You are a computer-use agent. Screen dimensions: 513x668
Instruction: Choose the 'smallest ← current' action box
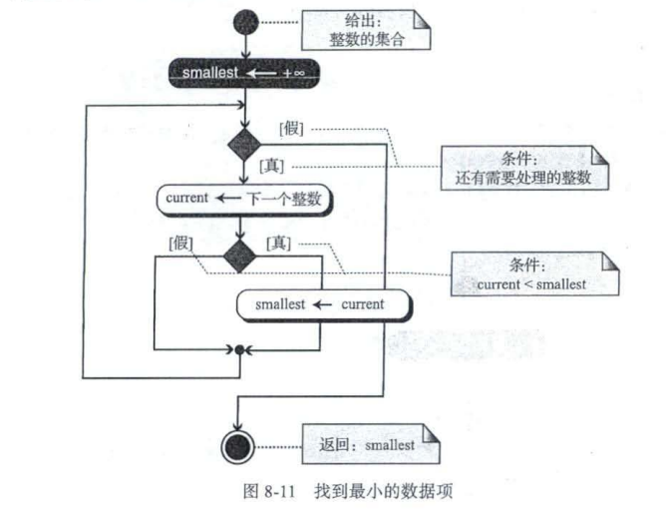pos(322,303)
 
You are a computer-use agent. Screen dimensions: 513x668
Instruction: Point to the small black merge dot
pos(240,349)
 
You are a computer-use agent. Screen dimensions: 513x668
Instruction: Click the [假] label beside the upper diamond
pos(293,128)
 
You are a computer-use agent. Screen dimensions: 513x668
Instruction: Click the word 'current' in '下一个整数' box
pos(187,198)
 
